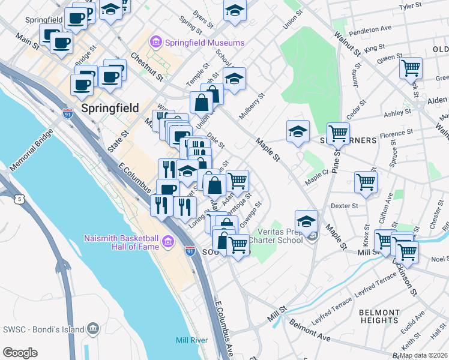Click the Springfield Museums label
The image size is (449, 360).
tap(205, 43)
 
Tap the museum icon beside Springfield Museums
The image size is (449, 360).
tap(156, 43)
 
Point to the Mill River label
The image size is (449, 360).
tap(191, 340)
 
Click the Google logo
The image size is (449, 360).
tap(20, 352)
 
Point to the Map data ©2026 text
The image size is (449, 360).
tap(424, 355)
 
